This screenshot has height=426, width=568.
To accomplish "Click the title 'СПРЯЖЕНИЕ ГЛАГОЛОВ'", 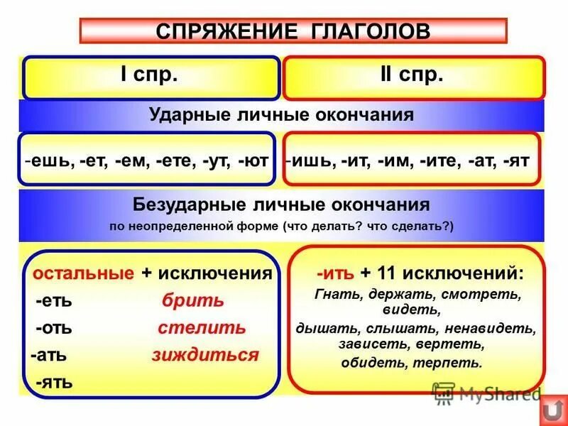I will click(293, 31).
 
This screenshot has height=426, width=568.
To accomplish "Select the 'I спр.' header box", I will click(151, 77).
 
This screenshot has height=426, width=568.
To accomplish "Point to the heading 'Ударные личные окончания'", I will click(281, 115).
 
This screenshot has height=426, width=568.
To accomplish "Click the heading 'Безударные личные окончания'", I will click(281, 205).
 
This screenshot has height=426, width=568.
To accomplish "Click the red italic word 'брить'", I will click(192, 300).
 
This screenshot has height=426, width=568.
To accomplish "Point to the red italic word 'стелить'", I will click(202, 328).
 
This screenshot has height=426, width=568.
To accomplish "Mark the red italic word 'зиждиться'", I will click(204, 355).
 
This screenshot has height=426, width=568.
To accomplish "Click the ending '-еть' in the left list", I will click(54, 300).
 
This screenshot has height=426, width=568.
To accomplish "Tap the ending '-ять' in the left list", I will click(54, 382).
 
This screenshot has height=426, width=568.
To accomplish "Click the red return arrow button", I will click(552, 410).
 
